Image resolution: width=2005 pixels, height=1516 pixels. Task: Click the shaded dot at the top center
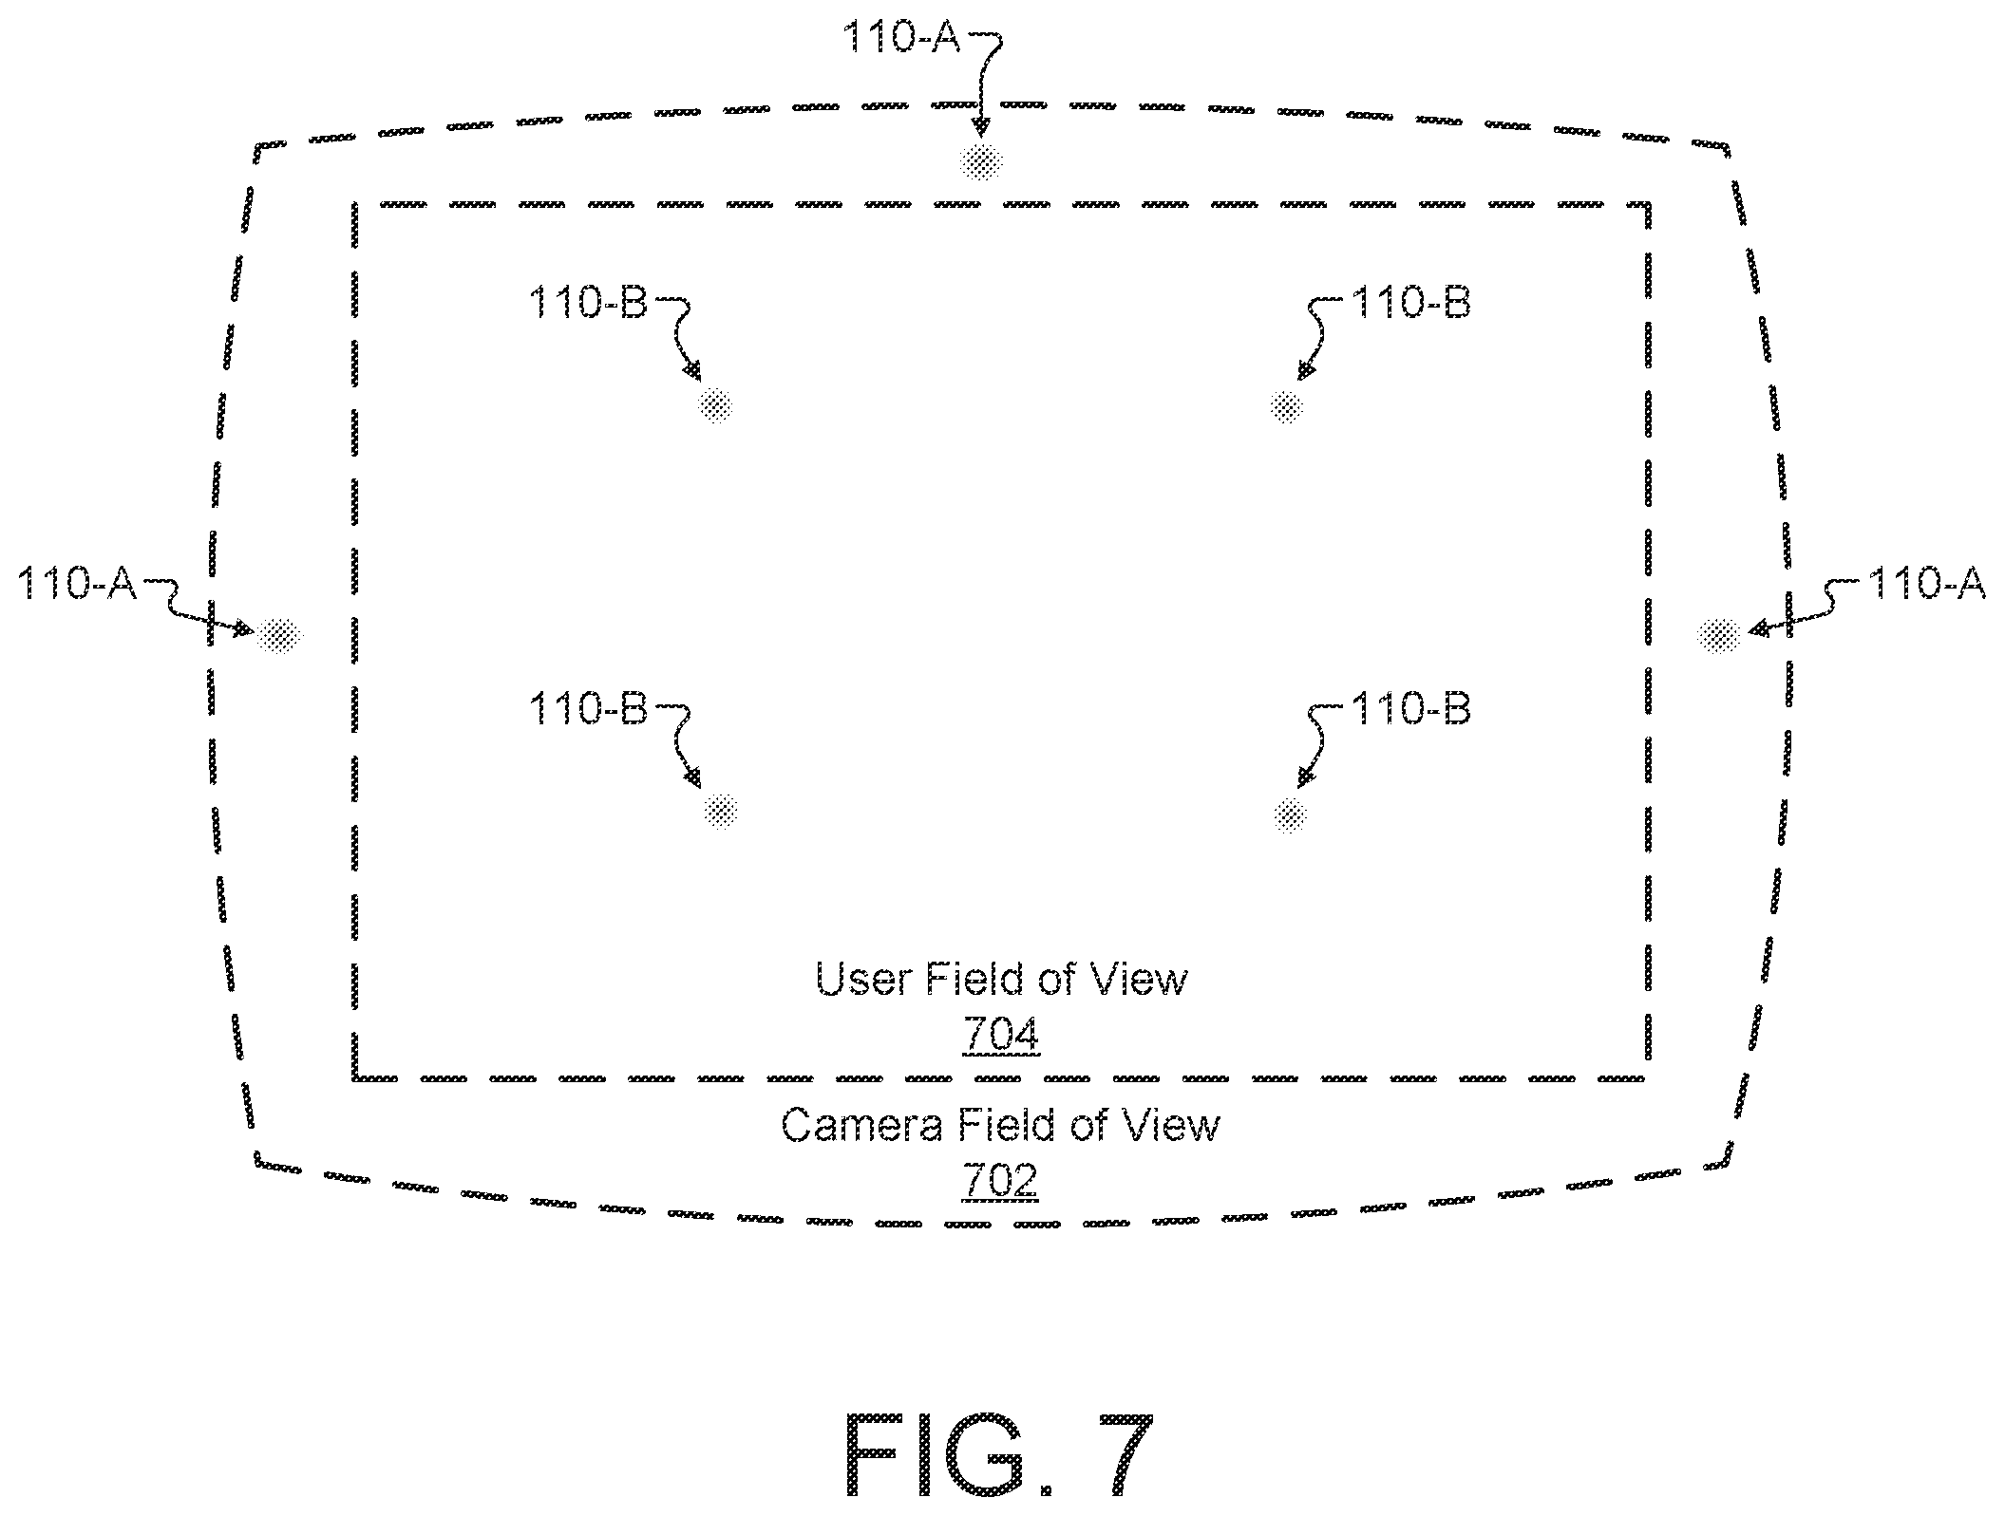(981, 163)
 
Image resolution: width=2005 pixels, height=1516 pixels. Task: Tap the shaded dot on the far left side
(278, 634)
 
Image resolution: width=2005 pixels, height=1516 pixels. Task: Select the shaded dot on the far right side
(1719, 635)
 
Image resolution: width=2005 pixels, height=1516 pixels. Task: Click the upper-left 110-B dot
(716, 406)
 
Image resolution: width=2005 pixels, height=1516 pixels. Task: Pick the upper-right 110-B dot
(1286, 406)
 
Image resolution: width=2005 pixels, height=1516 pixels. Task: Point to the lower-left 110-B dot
(721, 812)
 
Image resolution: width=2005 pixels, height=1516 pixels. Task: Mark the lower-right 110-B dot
(1289, 814)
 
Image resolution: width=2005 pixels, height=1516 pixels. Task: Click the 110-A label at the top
(901, 38)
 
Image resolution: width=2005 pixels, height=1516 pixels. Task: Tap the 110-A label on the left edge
(78, 583)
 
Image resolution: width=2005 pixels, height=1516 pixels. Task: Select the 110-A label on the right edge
(1926, 583)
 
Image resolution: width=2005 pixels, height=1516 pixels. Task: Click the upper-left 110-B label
(588, 303)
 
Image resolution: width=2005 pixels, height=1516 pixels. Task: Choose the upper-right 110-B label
(1410, 303)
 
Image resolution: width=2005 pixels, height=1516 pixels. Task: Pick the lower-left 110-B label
(588, 709)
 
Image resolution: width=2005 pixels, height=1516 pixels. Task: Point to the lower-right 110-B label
(1410, 709)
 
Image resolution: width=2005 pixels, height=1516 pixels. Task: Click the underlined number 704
(1001, 1035)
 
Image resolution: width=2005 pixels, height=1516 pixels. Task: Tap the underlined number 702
(1001, 1181)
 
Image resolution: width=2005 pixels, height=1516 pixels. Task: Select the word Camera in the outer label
(862, 1125)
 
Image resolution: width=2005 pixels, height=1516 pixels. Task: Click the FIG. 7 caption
(999, 1454)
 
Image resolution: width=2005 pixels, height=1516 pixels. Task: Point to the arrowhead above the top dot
(981, 126)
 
